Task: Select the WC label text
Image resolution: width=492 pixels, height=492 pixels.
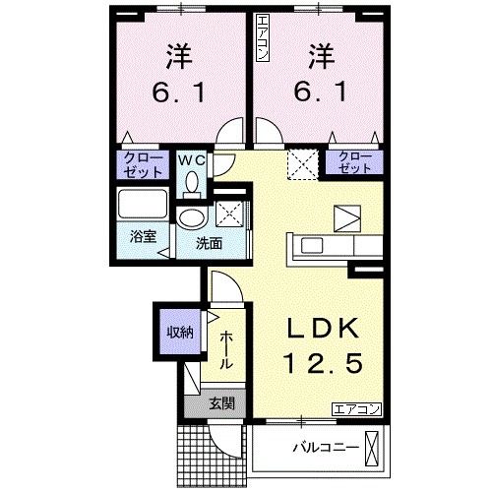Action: pyautogui.click(x=192, y=158)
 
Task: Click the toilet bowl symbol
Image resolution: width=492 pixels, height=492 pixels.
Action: pyautogui.click(x=192, y=181)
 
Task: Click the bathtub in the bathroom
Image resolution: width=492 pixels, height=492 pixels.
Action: pyautogui.click(x=144, y=207)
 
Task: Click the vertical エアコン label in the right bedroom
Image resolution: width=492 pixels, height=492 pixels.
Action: pyautogui.click(x=262, y=39)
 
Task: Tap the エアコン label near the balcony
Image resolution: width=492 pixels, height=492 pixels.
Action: pyautogui.click(x=354, y=408)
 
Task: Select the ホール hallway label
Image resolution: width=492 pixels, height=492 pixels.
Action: pyautogui.click(x=226, y=348)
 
